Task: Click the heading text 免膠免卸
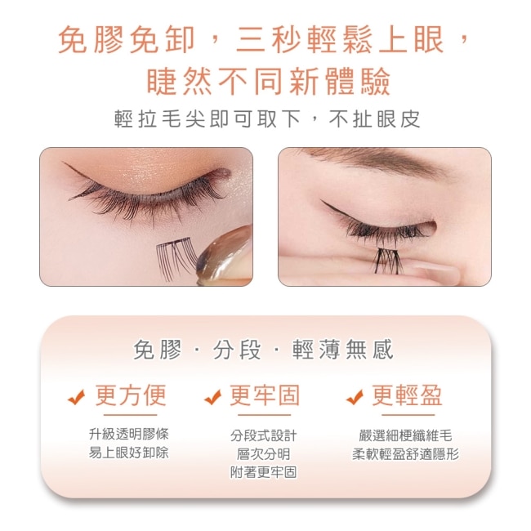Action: (127, 40)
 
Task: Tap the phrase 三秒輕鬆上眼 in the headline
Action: (340, 40)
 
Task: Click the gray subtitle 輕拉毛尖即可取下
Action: (207, 119)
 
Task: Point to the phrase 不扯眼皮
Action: (375, 119)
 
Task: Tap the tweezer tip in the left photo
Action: (204, 262)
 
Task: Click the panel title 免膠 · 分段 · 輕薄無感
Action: (264, 350)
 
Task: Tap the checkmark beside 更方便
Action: (77, 397)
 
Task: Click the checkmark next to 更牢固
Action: (213, 397)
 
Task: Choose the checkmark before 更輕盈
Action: (355, 397)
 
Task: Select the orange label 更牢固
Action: (265, 395)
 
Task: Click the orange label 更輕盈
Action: (407, 395)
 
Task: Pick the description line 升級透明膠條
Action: (129, 434)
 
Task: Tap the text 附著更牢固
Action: (264, 472)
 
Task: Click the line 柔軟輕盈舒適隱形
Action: (406, 453)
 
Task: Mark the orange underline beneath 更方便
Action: (131, 414)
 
